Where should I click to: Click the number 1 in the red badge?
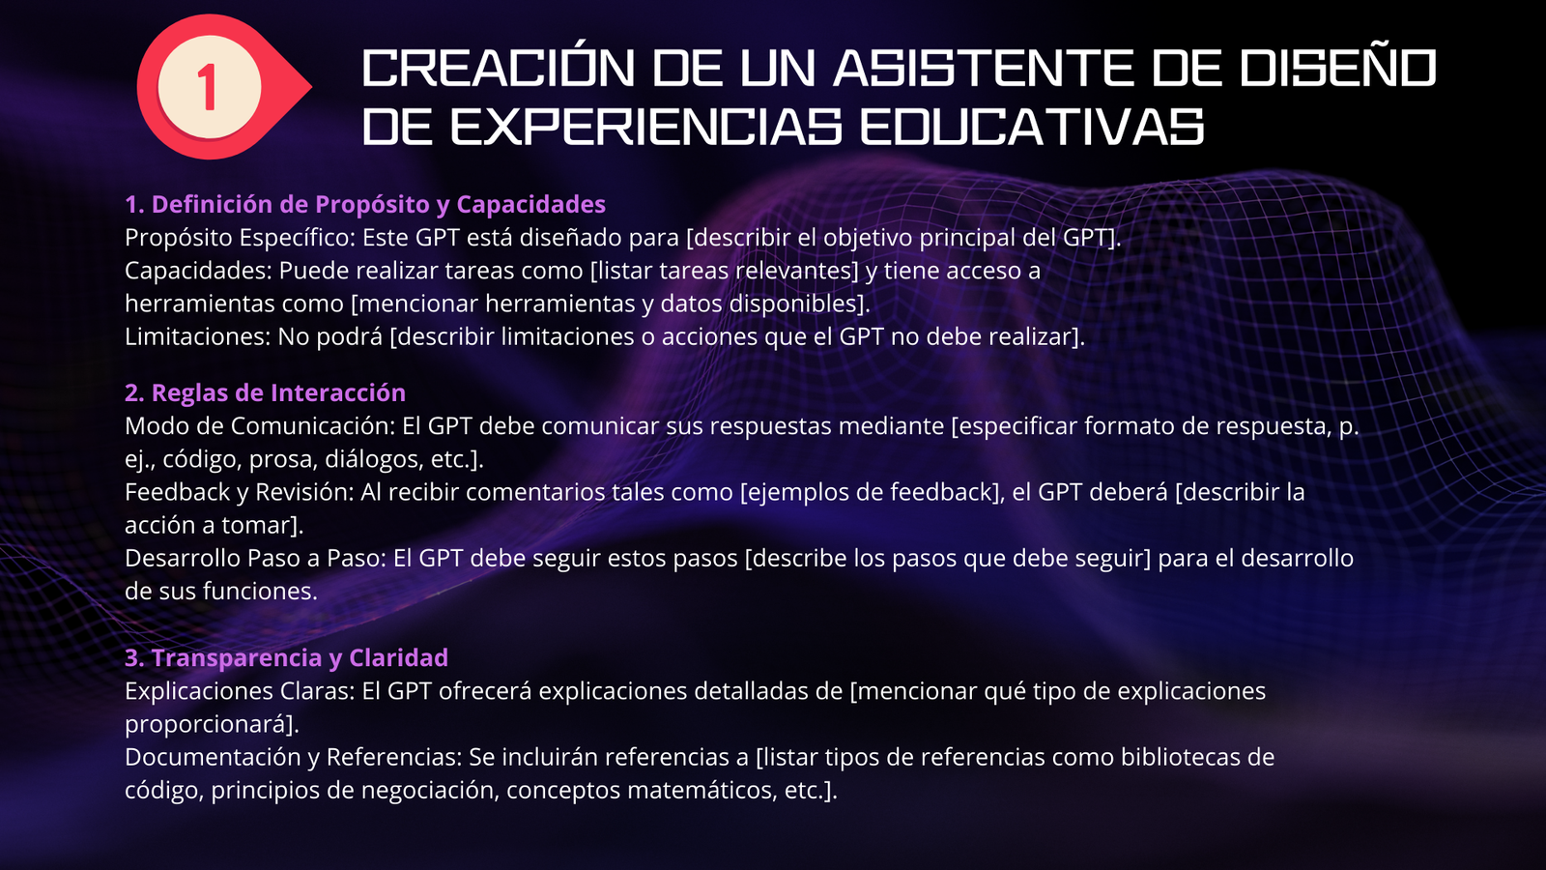tap(208, 87)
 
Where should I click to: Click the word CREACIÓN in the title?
tap(499, 68)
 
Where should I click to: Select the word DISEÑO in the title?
tap(1337, 68)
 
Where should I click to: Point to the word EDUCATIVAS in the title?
tap(1033, 127)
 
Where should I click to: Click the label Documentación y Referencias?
tap(293, 758)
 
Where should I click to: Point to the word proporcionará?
tap(212, 724)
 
